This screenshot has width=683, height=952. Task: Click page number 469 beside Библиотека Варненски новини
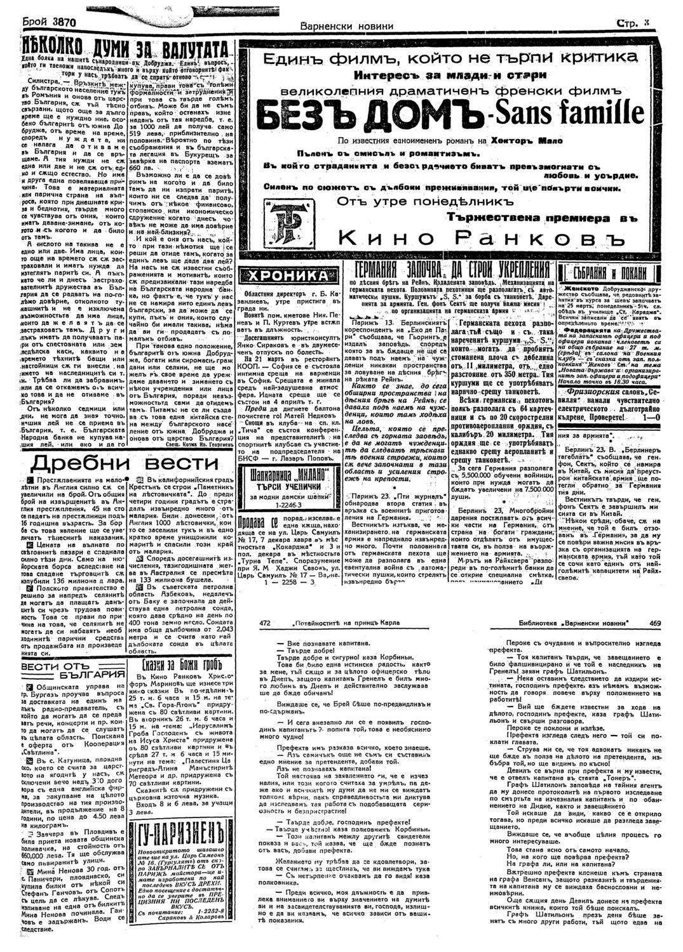tap(655, 622)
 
